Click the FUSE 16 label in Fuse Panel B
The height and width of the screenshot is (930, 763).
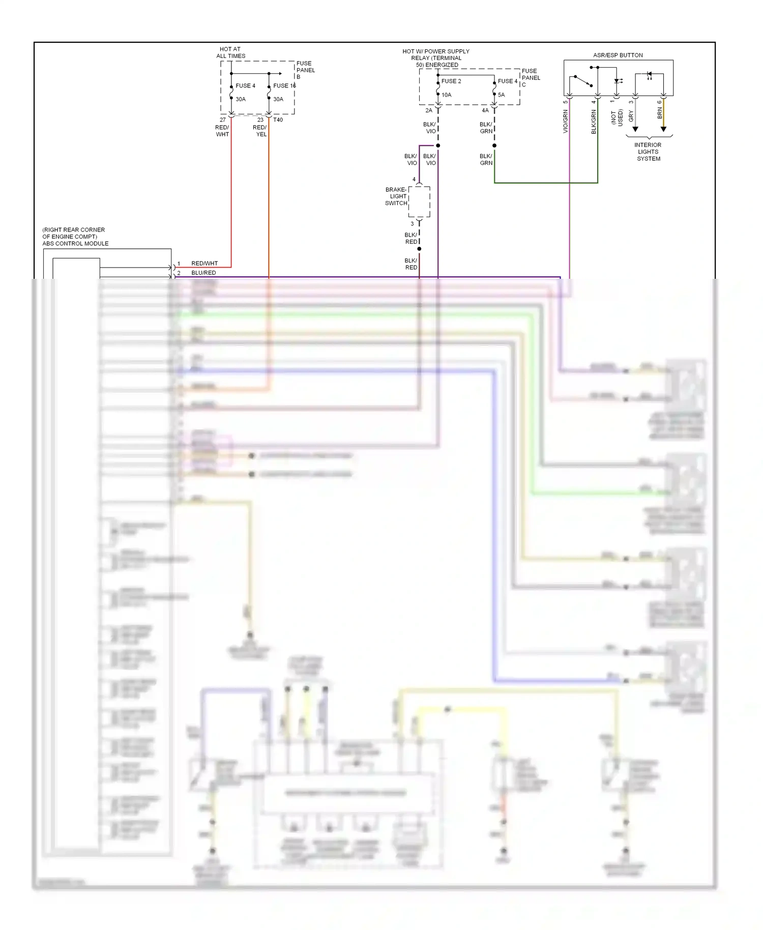tap(284, 85)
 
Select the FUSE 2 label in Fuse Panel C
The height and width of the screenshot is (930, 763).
tap(451, 81)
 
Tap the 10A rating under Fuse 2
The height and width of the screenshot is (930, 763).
tap(446, 95)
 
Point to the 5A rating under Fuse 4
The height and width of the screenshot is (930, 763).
tap(501, 95)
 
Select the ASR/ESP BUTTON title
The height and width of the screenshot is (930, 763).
tap(618, 55)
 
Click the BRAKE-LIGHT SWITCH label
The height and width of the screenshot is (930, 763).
tap(396, 196)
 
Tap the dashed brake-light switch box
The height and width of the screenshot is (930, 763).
tap(419, 201)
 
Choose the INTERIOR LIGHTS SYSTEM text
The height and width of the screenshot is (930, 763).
tap(648, 152)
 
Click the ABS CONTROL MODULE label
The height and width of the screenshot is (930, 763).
tap(75, 243)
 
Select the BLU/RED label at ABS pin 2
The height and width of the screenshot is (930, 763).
tap(203, 273)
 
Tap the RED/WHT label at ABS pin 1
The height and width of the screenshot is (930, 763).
tap(204, 263)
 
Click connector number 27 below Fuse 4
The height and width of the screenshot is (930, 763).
tap(222, 120)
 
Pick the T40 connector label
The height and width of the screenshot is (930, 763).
tap(278, 120)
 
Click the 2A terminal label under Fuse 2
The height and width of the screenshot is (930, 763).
tap(428, 110)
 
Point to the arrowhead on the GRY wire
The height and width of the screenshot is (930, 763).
tap(635, 129)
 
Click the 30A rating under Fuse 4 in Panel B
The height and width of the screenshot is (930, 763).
tap(240, 99)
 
